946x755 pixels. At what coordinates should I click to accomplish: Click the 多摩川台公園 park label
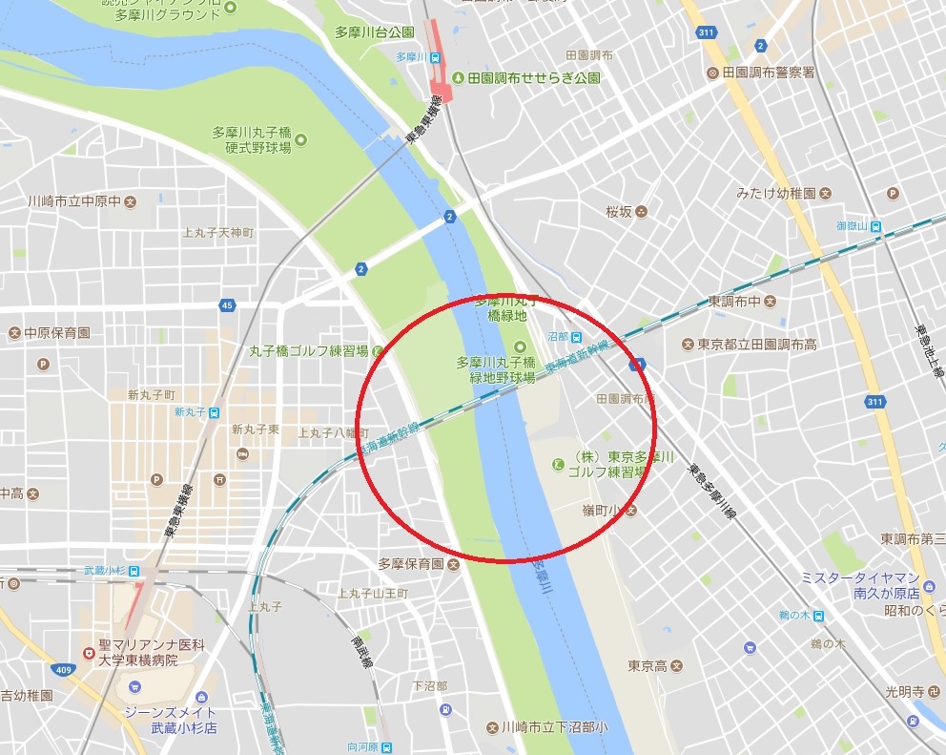pos(374,32)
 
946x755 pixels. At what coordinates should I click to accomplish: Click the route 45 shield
pos(226,304)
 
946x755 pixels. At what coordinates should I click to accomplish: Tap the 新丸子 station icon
pos(215,412)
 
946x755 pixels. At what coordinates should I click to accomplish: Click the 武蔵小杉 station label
pos(106,570)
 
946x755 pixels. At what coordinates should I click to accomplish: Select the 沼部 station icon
pos(577,337)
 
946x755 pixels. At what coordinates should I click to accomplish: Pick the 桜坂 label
pos(619,211)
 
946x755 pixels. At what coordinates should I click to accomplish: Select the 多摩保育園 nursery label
pos(411,564)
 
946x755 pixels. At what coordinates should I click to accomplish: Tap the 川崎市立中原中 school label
pos(74,201)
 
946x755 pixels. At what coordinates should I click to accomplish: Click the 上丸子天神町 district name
pos(217,233)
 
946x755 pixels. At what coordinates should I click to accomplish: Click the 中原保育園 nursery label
pos(57,333)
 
